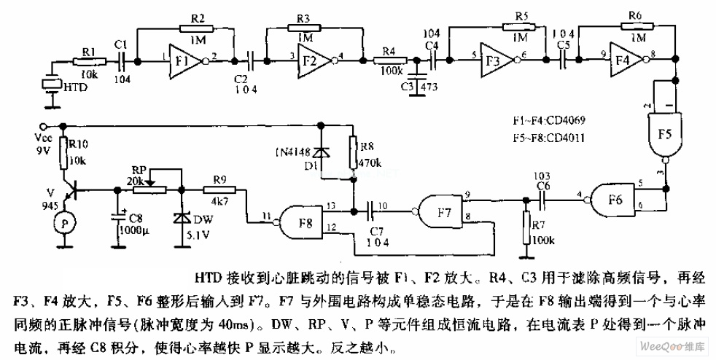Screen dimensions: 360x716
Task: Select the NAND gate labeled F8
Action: pos(303,218)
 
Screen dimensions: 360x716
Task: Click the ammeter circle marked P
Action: pos(64,223)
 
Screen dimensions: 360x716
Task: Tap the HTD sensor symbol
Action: pos(50,85)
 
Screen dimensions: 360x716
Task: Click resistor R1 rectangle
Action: pos(90,62)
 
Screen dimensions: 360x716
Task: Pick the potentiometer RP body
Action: pos(149,191)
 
